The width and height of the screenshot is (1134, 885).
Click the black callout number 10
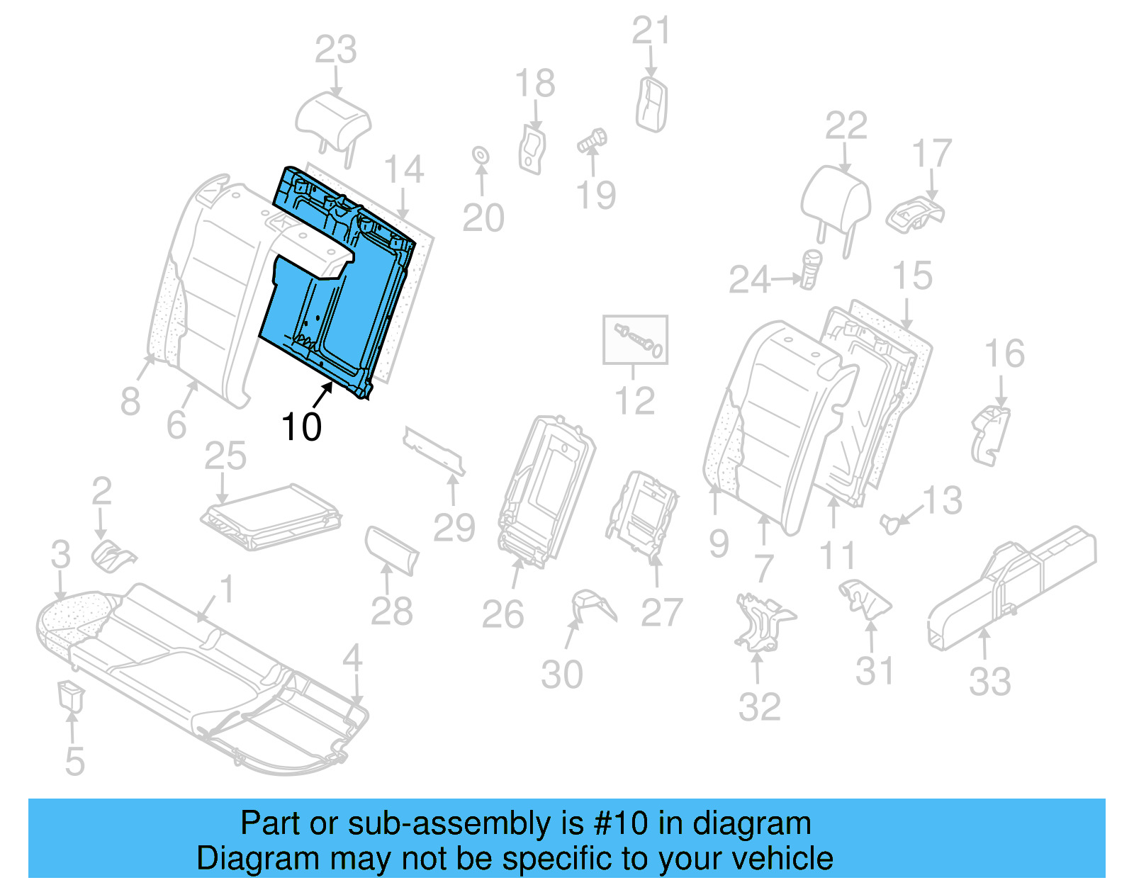(x=301, y=427)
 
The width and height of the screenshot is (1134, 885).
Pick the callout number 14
(x=404, y=170)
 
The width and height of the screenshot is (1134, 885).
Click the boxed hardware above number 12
(x=635, y=340)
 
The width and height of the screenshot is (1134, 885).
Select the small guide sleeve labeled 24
(x=810, y=268)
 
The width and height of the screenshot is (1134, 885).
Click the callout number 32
(x=759, y=706)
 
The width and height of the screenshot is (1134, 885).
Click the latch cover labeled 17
(x=914, y=213)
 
